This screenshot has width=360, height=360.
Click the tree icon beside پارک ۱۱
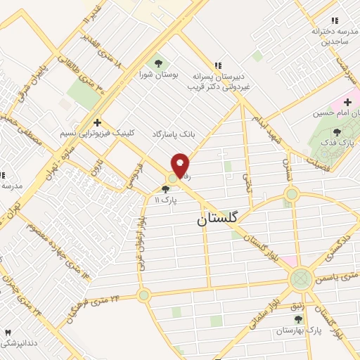point(166,188)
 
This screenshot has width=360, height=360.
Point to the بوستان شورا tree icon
point(155,60)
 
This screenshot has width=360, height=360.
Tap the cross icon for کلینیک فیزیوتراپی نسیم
point(97,122)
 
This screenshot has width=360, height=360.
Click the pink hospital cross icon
point(347,103)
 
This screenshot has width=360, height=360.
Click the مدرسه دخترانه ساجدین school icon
point(335,21)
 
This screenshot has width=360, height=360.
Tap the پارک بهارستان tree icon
point(298,320)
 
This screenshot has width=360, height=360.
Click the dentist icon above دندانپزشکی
point(8,332)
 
